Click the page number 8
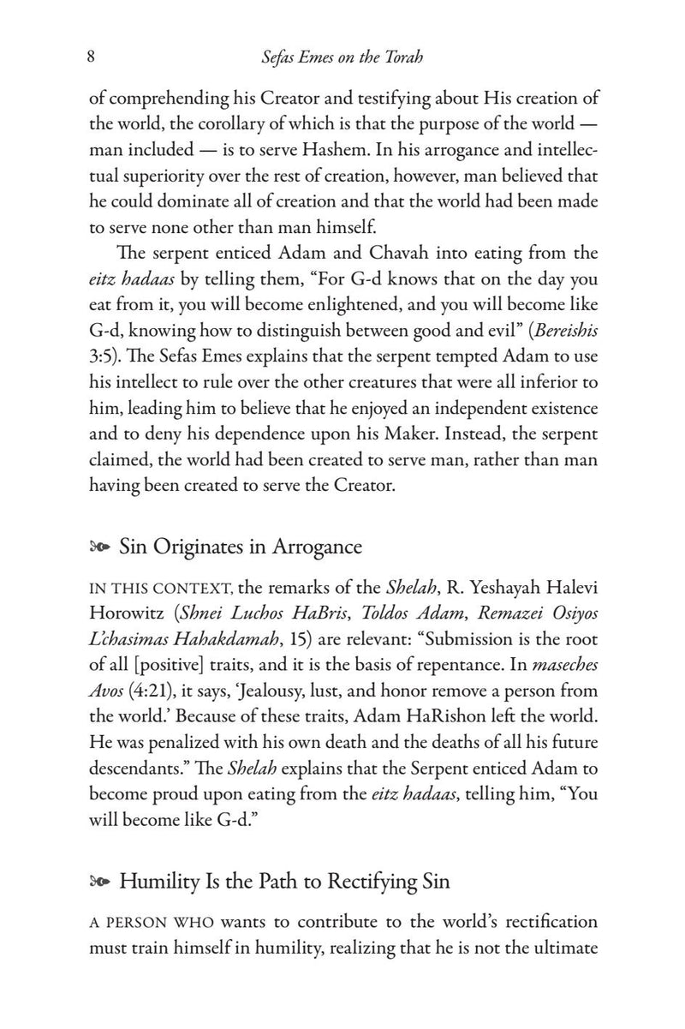click(91, 57)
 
